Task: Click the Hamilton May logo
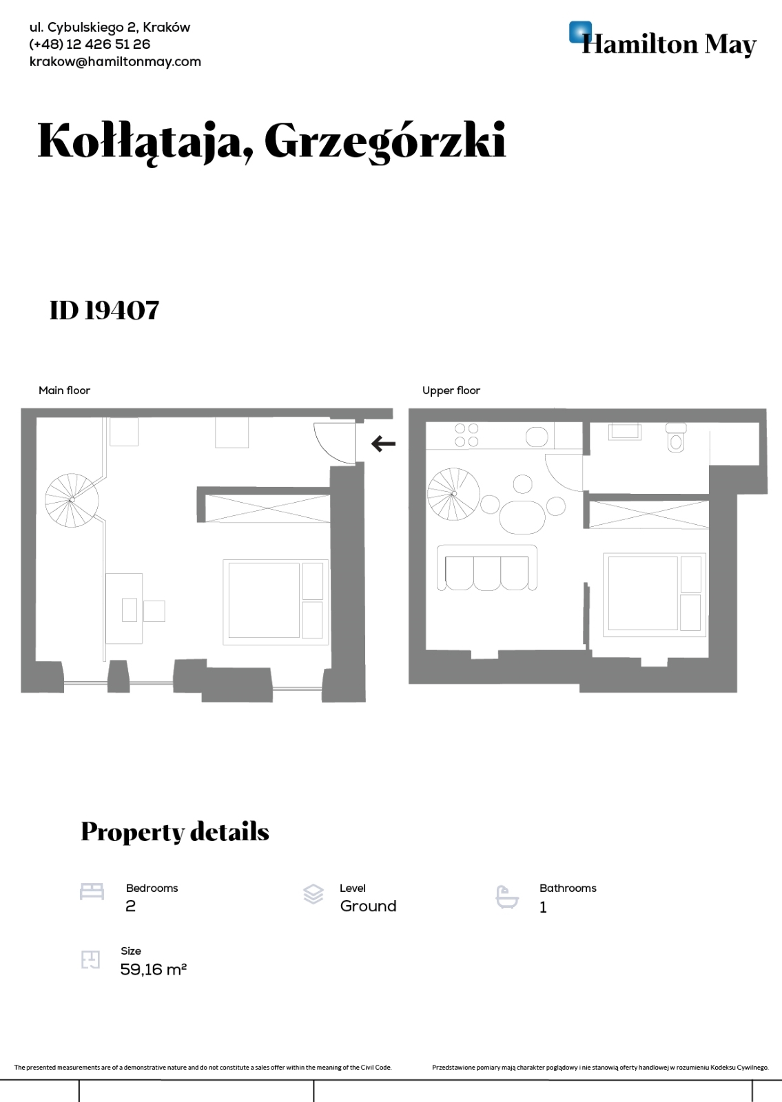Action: tap(662, 41)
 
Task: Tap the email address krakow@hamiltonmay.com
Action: tap(115, 61)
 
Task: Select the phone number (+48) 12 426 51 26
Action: tap(90, 44)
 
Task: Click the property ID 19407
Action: tap(105, 310)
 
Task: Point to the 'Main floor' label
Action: tap(64, 391)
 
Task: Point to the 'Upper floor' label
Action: tap(451, 391)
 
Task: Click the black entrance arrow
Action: tap(383, 444)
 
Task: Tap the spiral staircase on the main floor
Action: tap(72, 499)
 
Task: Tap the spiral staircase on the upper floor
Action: tap(453, 494)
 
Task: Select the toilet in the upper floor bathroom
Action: tap(676, 439)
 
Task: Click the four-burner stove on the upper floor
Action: tap(466, 435)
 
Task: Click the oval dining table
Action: tap(522, 516)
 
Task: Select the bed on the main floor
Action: tap(274, 601)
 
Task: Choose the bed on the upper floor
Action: tap(653, 592)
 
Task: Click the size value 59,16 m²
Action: tap(154, 970)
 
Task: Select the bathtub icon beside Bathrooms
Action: tap(507, 897)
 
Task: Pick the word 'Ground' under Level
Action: tap(368, 906)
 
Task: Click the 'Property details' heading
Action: tap(175, 832)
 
